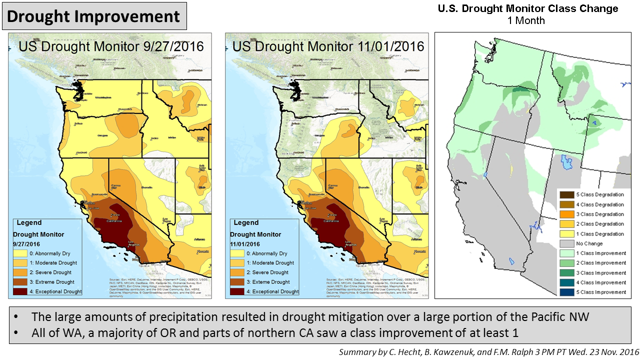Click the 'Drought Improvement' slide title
[x=93, y=16]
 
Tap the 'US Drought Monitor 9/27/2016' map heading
[x=111, y=46]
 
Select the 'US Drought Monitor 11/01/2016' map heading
[x=328, y=46]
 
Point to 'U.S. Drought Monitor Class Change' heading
[x=528, y=8]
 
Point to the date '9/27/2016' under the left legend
[x=26, y=243]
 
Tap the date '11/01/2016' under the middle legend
[x=245, y=243]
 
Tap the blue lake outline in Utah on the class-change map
[x=566, y=162]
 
